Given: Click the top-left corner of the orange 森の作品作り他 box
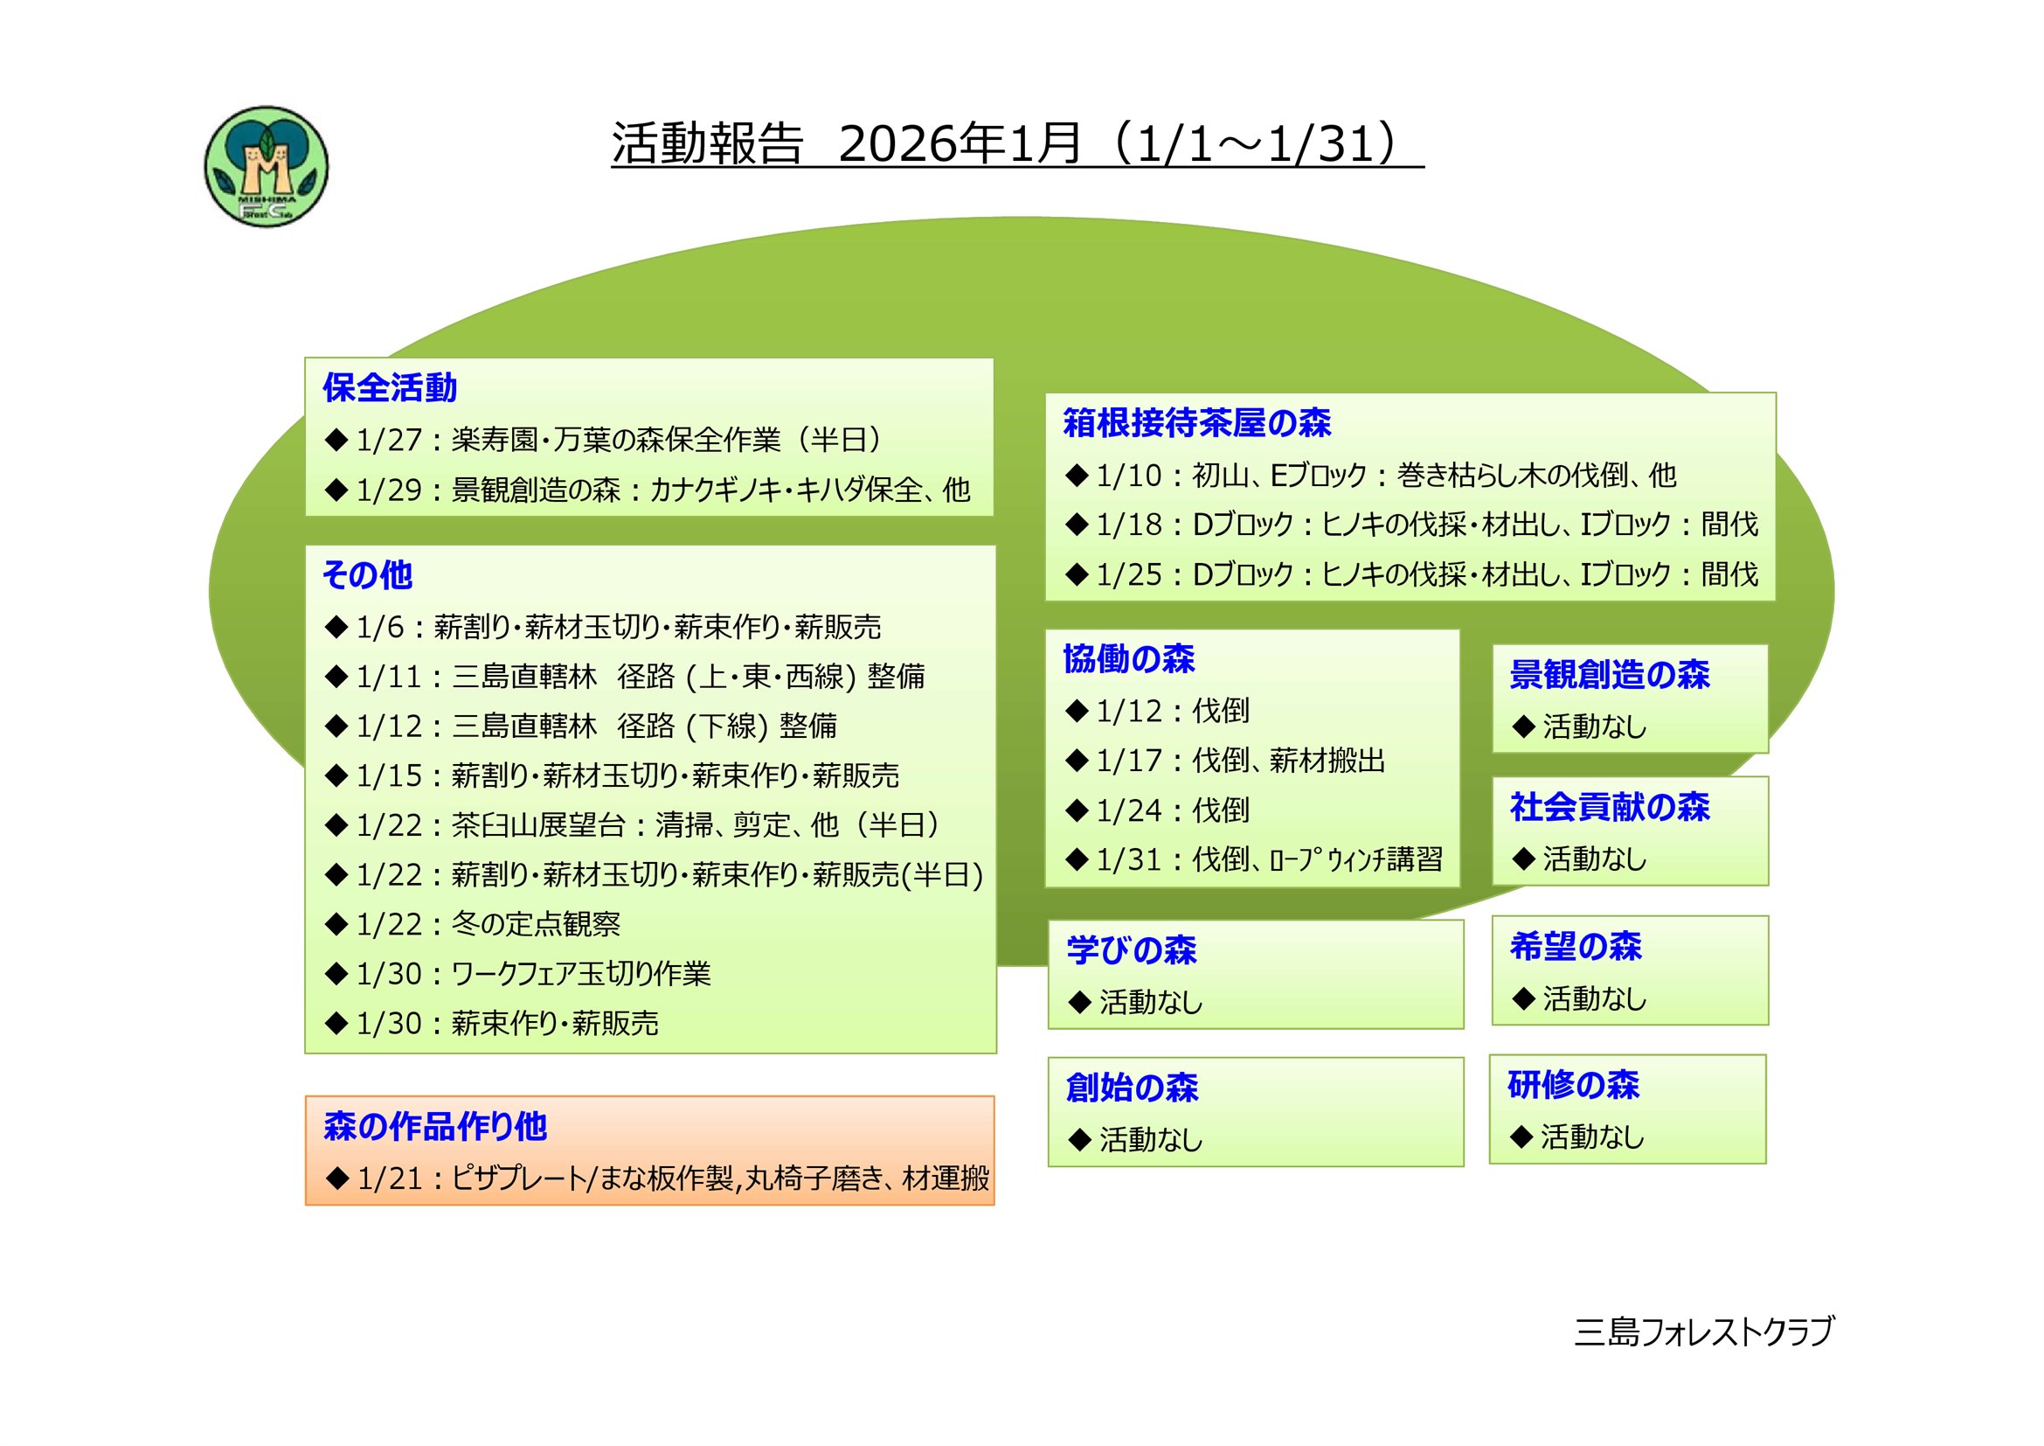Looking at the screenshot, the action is [305, 1096].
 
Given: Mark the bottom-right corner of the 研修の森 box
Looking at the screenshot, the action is [1766, 1164].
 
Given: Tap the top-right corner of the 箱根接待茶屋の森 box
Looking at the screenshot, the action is [1776, 393].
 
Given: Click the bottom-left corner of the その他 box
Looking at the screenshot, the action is [305, 1053].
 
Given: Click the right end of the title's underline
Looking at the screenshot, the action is [1424, 166].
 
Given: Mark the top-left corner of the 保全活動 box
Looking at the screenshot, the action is [305, 358].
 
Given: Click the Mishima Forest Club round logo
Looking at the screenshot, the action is [267, 166].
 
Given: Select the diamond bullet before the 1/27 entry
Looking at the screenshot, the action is [336, 440].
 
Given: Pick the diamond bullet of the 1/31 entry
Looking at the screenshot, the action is [1077, 859].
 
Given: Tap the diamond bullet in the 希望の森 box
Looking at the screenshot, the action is [1523, 998].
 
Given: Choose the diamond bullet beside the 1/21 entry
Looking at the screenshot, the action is [337, 1178].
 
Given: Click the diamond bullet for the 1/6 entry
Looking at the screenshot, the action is [336, 628].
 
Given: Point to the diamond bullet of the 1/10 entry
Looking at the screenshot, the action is [1077, 476].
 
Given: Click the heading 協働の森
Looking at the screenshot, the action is [1129, 659].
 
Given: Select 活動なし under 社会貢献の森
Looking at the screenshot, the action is [1595, 859].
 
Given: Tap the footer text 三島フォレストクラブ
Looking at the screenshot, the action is [1704, 1331].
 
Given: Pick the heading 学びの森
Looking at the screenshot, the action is [1132, 950].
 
